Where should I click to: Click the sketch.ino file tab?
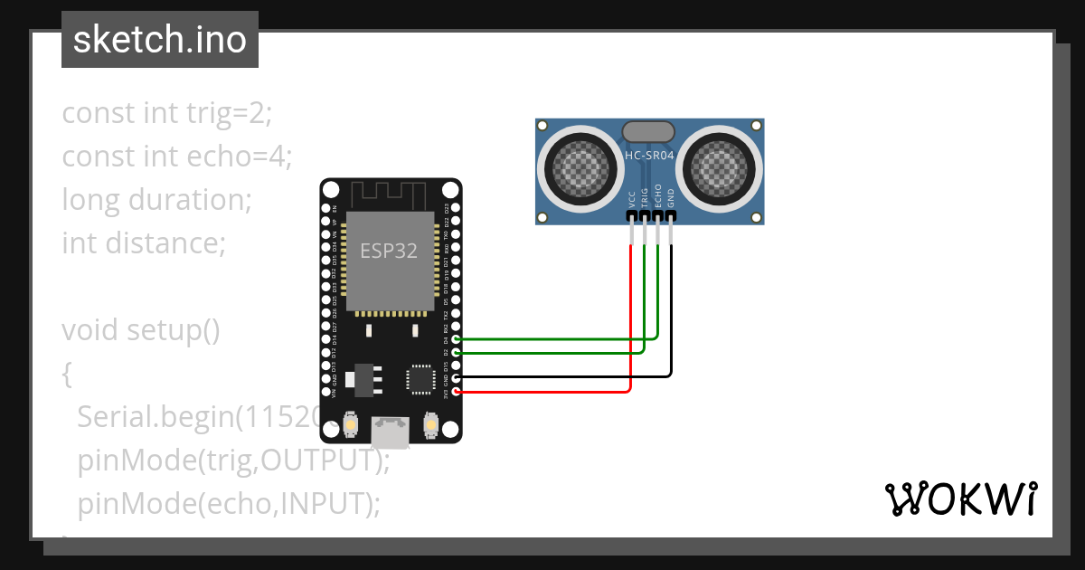click(159, 40)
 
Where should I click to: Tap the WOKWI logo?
click(960, 499)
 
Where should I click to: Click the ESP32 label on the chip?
click(389, 251)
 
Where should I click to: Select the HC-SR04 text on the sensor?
click(649, 156)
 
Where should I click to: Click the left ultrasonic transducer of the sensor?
click(575, 168)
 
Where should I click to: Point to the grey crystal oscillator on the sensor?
click(649, 131)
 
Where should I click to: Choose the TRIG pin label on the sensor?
click(645, 198)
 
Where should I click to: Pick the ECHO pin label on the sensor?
click(657, 197)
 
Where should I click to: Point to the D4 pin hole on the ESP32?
click(457, 339)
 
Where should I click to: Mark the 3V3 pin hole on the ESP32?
click(457, 392)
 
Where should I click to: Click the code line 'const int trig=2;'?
click(166, 113)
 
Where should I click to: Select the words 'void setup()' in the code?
click(141, 330)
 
